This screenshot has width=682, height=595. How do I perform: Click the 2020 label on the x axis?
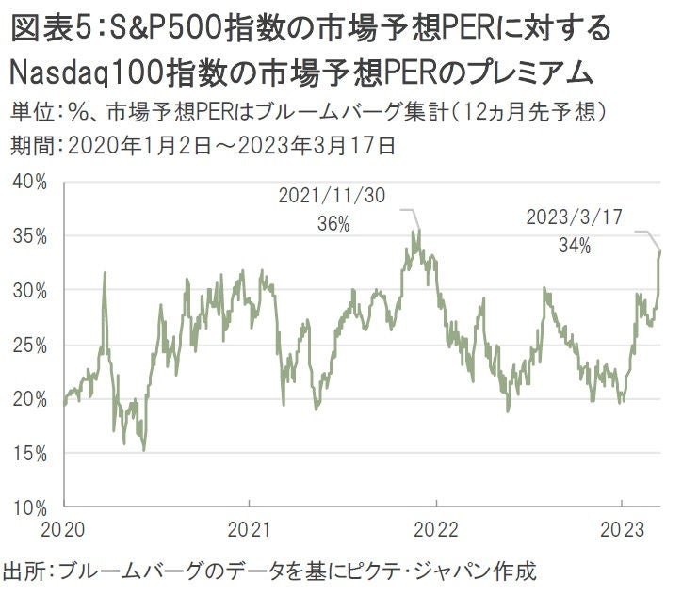coord(64,528)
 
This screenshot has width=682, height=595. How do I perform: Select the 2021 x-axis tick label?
coord(251,528)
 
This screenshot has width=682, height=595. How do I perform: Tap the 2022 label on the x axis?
coord(436,528)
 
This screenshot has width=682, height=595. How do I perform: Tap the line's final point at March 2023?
coord(660,251)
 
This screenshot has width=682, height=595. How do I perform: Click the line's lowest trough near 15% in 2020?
coord(144,450)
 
